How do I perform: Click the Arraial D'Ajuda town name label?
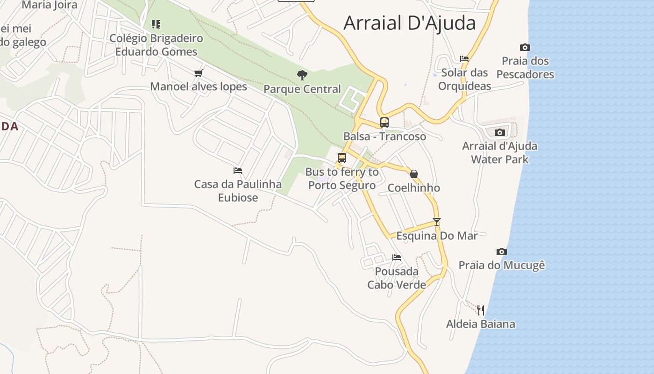pos(409,23)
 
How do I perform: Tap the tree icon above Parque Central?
pos(302,75)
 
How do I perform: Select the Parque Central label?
pos(302,89)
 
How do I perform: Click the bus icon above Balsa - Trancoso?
pos(384,122)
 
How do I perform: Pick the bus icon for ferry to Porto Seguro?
pos(342,158)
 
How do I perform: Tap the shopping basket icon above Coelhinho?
pos(414,174)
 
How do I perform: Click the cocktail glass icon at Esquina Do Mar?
pos(437,222)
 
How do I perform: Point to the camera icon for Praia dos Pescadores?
pos(525,47)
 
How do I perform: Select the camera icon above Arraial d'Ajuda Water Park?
pos(500,132)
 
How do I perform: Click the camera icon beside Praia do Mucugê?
pos(502,252)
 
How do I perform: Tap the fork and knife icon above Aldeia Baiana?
pos(481,310)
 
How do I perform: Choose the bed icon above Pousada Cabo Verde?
pos(397,257)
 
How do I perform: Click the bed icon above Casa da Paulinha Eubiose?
pos(238,171)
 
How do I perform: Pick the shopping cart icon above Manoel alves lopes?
pos(198,73)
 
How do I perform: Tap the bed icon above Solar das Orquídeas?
pos(464,59)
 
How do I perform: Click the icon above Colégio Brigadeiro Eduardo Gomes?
pos(156,24)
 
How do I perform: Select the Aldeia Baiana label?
pos(481,324)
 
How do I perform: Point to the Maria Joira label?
pos(50,5)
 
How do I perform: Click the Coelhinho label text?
pos(414,187)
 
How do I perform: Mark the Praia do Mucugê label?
pos(502,265)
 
